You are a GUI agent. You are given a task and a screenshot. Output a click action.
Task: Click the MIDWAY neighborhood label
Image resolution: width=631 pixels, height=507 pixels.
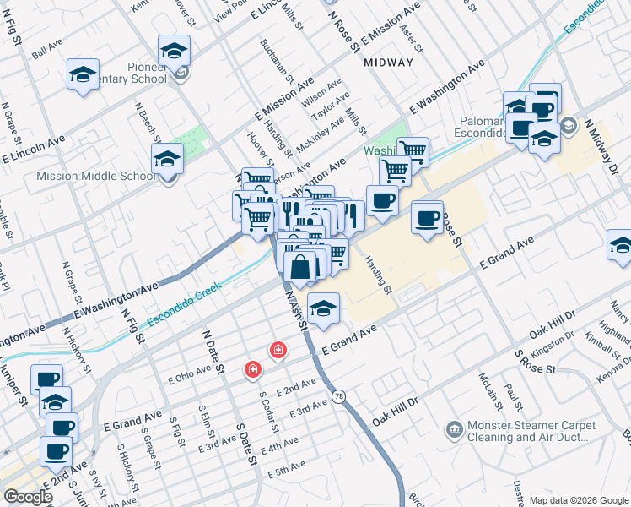(389, 63)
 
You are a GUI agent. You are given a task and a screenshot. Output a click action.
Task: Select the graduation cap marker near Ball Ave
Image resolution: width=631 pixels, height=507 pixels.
(84, 74)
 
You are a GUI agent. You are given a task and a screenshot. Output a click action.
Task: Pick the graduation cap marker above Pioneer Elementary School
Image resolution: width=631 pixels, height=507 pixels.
(174, 51)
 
